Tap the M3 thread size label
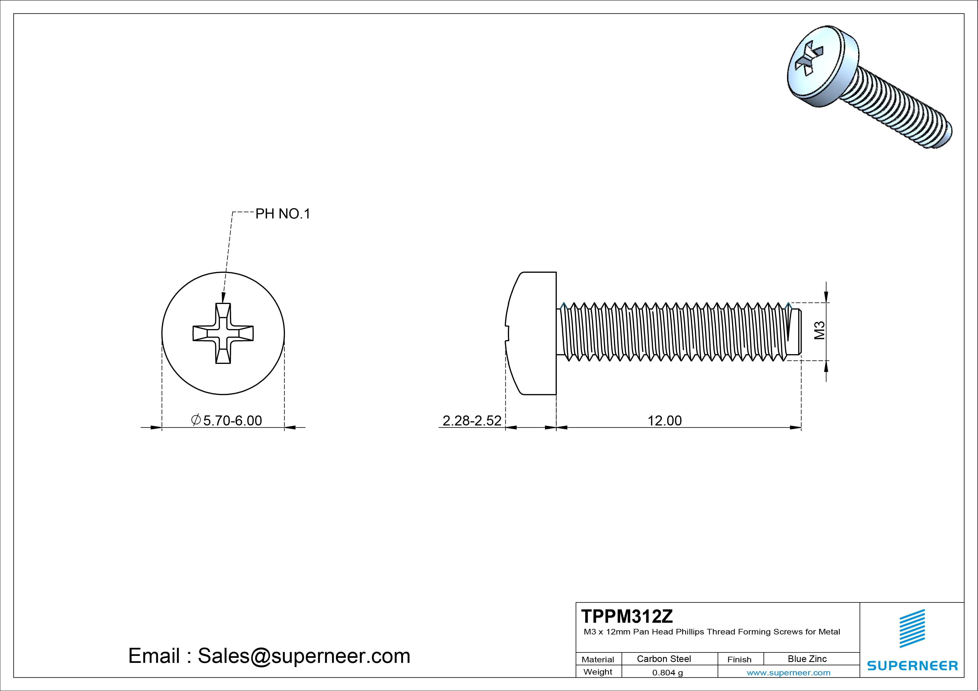[x=820, y=330]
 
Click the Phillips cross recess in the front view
[x=223, y=333]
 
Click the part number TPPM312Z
[x=627, y=616]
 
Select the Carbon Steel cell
[x=664, y=659]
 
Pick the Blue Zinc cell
[x=807, y=659]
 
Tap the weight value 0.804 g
[x=667, y=673]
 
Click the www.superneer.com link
[x=788, y=673]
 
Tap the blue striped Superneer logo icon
[x=912, y=628]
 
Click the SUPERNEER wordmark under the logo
[x=912, y=665]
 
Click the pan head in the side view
[x=532, y=333]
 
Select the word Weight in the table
[x=598, y=672]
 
